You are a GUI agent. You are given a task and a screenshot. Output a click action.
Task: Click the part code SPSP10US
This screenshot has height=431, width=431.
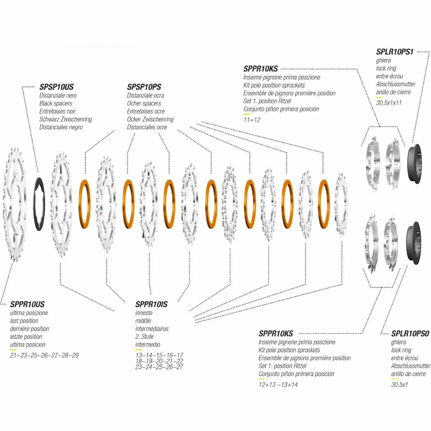[56, 87]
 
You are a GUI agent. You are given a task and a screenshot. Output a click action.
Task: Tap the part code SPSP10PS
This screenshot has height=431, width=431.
[144, 87]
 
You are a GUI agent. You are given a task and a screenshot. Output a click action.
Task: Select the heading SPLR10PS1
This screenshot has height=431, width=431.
[395, 52]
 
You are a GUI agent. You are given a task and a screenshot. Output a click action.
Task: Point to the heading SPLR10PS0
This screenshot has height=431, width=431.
[410, 334]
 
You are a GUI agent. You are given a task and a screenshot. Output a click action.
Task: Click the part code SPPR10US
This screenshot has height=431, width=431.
[27, 304]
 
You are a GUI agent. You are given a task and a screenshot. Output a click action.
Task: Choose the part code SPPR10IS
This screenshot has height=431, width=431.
[152, 304]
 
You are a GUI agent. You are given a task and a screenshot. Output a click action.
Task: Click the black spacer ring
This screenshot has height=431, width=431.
[39, 204]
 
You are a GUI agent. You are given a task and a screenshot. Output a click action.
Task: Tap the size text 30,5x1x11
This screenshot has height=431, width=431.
[389, 103]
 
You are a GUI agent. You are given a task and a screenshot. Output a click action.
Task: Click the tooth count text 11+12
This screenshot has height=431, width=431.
[252, 120]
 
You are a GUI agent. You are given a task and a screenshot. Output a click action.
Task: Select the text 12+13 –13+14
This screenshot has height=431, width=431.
[278, 385]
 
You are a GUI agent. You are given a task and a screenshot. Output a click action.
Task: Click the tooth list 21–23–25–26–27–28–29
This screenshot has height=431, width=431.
[44, 355]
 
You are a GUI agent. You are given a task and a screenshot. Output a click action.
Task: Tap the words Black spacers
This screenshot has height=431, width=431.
[56, 103]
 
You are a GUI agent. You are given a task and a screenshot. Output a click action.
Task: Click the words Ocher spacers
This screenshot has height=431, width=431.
[144, 103]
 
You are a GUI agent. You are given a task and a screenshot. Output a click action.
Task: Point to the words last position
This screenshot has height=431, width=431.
[24, 321]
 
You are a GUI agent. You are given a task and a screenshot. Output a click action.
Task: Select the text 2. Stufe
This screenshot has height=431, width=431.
[144, 337]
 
